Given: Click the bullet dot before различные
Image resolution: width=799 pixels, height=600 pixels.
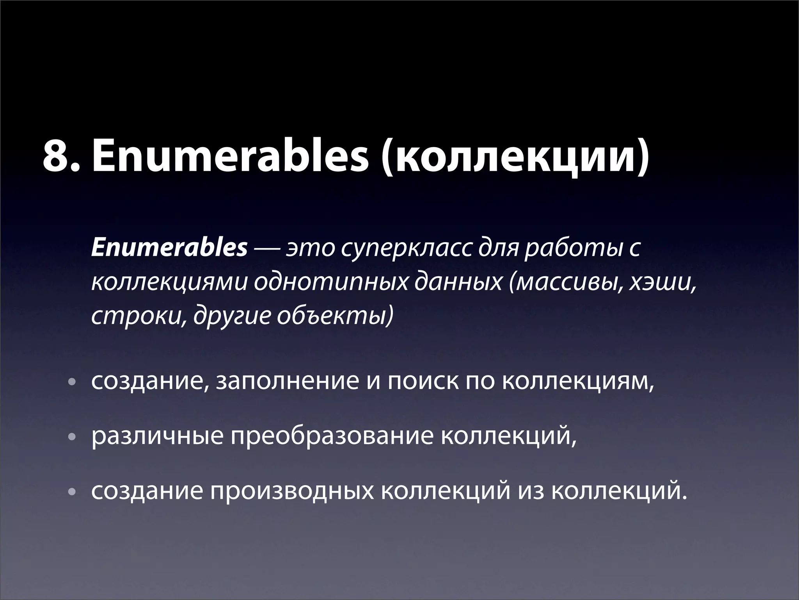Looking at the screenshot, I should (x=70, y=438).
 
